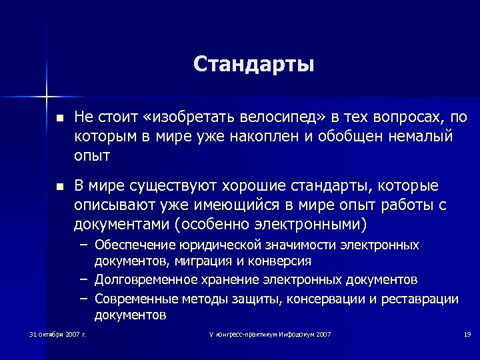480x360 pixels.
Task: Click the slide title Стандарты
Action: click(x=253, y=65)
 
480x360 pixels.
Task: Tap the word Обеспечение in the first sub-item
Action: click(x=133, y=245)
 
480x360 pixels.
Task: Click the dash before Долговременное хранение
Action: click(x=85, y=279)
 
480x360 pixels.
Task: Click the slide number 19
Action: click(x=467, y=333)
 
